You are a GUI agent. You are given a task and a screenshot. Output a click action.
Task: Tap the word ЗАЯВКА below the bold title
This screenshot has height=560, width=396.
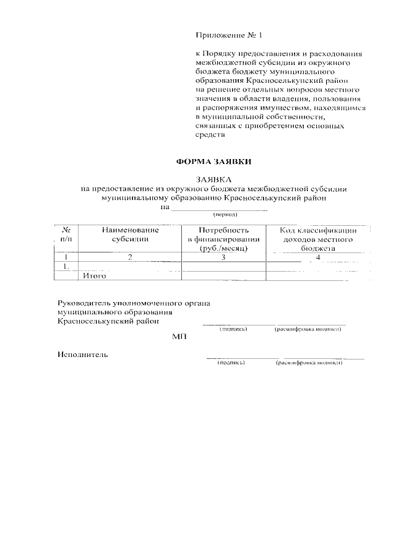pyautogui.click(x=213, y=180)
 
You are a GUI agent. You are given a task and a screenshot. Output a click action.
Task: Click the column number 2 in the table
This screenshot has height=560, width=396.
pyautogui.click(x=131, y=257)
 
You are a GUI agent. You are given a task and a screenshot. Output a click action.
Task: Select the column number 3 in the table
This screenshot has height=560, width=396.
pyautogui.click(x=222, y=257)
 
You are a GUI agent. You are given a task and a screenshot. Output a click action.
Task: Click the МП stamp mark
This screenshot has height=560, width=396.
pyautogui.click(x=179, y=337)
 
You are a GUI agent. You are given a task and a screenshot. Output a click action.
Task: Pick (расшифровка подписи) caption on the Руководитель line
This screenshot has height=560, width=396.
pyautogui.click(x=308, y=329)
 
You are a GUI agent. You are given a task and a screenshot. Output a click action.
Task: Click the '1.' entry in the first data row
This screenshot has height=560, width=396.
pyautogui.click(x=66, y=267)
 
